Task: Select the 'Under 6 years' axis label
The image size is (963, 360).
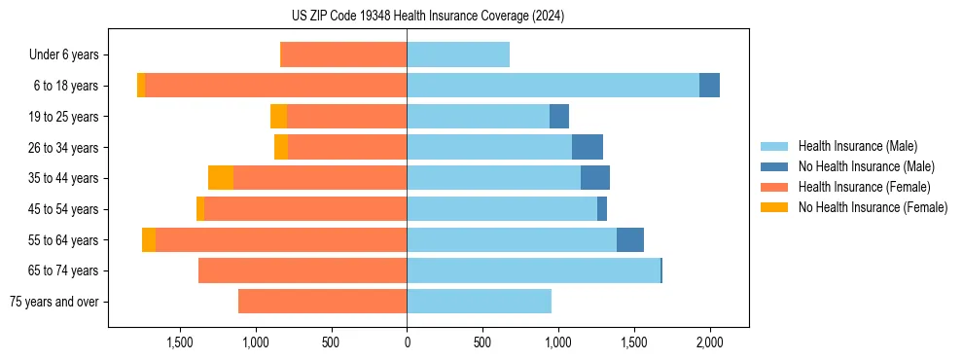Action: pyautogui.click(x=63, y=55)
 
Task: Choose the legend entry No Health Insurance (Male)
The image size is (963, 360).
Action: pyautogui.click(x=866, y=166)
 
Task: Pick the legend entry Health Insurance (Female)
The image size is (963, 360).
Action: pyautogui.click(x=864, y=187)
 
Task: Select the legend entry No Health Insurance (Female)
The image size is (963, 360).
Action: pyautogui.click(x=873, y=207)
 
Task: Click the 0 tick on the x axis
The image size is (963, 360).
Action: pyautogui.click(x=407, y=342)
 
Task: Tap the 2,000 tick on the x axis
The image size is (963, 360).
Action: pyautogui.click(x=710, y=342)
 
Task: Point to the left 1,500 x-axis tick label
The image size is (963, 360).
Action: pyautogui.click(x=180, y=342)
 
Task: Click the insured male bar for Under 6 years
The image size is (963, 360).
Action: pyautogui.click(x=458, y=54)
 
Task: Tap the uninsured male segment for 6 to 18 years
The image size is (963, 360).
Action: pyautogui.click(x=709, y=86)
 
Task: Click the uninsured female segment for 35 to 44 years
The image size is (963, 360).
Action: pyautogui.click(x=221, y=178)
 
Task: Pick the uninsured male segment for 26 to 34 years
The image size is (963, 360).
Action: pyautogui.click(x=588, y=147)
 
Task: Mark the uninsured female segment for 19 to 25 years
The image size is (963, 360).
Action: pyautogui.click(x=278, y=117)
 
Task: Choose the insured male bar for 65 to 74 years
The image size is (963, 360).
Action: pyautogui.click(x=533, y=270)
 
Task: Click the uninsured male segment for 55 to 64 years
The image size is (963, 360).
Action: pyautogui.click(x=630, y=239)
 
